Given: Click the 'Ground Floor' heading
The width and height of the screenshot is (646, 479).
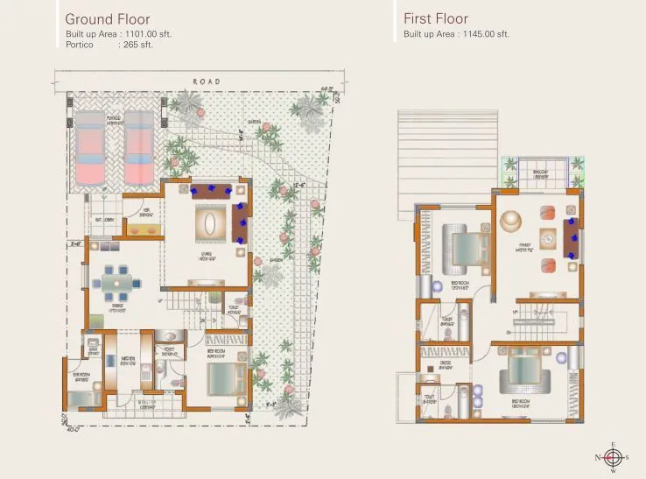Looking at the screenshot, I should [108, 19].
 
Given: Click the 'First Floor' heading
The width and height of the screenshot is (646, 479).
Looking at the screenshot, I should [436, 19].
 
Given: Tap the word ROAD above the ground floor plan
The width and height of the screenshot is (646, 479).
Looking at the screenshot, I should [207, 82].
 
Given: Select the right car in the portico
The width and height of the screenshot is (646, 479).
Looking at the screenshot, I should [138, 145].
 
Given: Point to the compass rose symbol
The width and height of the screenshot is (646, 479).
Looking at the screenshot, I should [613, 457].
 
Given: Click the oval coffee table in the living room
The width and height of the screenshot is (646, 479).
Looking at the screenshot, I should [207, 224].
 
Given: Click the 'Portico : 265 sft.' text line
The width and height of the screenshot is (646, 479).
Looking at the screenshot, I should [109, 45].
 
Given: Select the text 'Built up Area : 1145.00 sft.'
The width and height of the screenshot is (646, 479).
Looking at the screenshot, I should [456, 34].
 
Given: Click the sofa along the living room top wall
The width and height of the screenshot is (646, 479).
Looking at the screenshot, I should [211, 191].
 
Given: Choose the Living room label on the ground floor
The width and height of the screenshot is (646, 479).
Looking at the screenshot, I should [207, 257].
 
